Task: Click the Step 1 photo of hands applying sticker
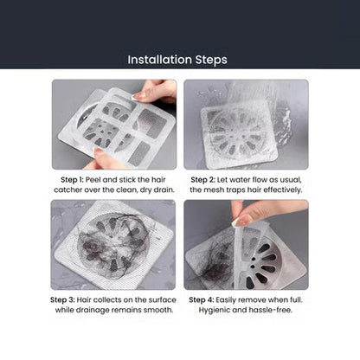click(113, 124)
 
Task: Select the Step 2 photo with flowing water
click(246, 124)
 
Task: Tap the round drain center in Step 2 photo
click(239, 132)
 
